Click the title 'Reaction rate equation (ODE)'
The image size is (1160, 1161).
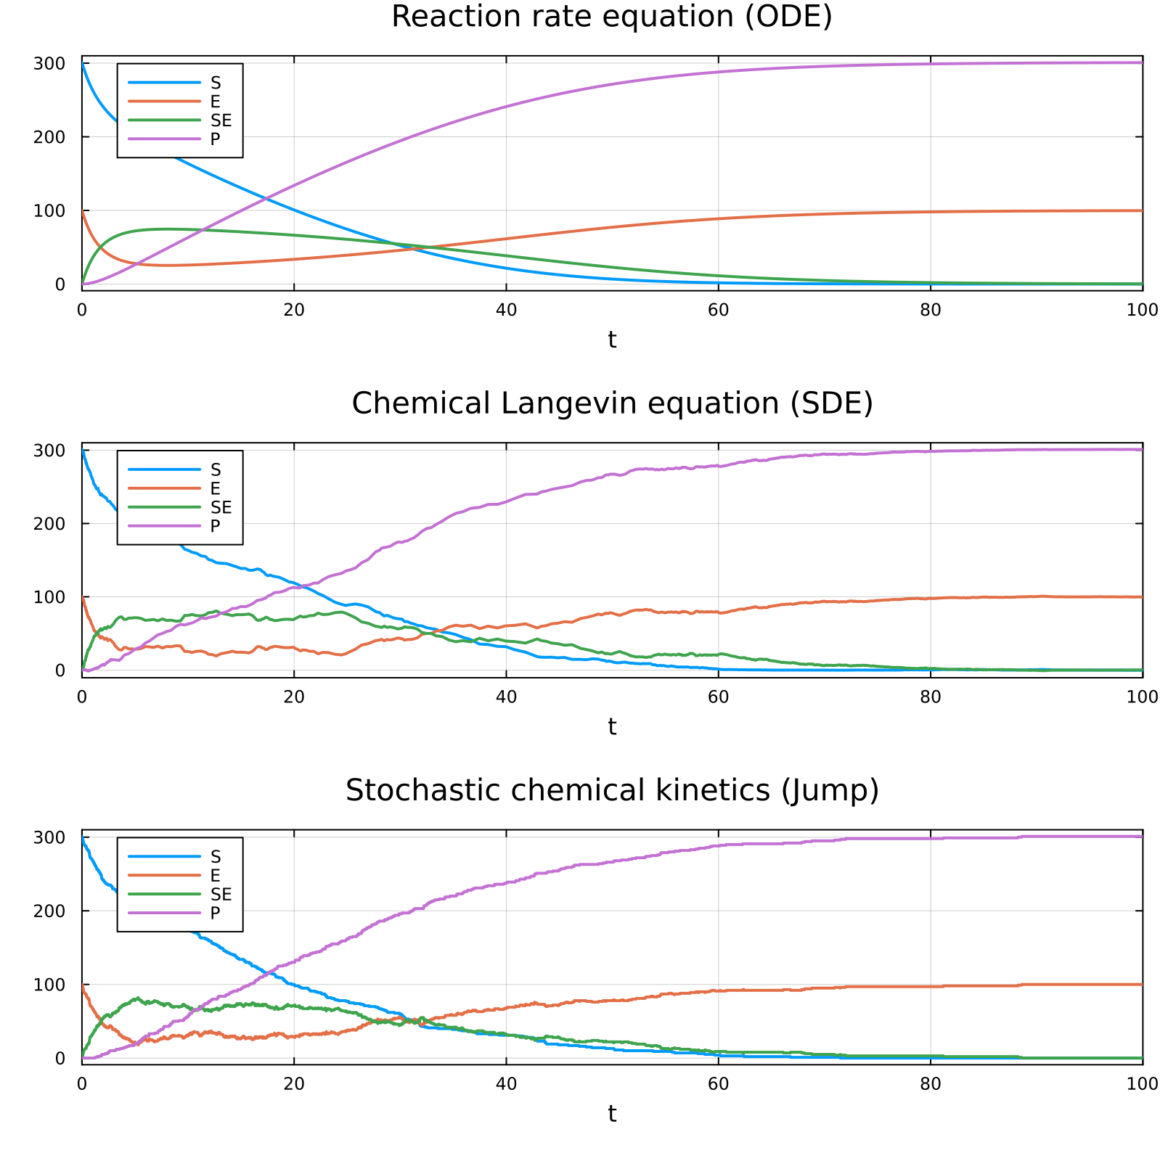611,17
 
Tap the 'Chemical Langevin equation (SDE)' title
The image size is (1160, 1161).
611,403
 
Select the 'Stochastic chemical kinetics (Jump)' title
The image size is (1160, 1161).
611,790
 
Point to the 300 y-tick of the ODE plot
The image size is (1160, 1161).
49,63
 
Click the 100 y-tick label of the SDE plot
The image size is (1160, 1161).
49,597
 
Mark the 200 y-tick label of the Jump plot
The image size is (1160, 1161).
49,911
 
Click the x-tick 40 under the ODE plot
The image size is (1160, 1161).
505,310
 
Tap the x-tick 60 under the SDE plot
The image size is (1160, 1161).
717,697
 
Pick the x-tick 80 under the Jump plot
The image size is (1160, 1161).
930,1083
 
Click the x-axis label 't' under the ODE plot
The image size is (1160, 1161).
612,340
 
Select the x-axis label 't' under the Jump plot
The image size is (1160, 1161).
612,1113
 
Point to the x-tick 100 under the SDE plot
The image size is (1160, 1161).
1142,697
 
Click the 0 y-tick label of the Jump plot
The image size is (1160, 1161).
60,1058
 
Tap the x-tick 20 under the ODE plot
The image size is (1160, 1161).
293,310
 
